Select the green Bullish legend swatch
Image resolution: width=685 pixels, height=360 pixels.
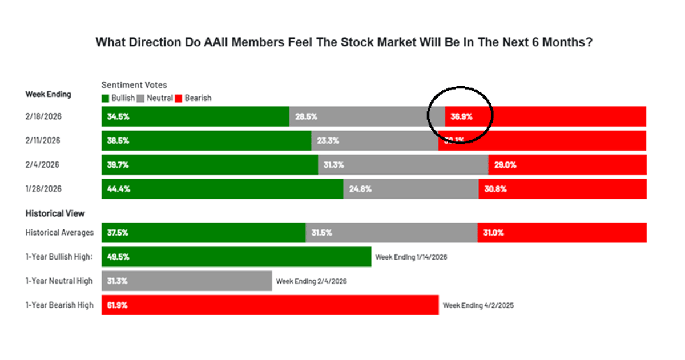pos(106,98)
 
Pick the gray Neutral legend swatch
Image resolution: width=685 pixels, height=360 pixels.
pos(140,98)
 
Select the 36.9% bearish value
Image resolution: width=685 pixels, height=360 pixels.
pos(461,116)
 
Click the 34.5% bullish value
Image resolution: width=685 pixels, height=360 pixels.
pos(118,116)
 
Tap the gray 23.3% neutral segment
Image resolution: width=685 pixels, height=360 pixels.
pos(374,140)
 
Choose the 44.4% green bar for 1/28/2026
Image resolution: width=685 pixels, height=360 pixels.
pos(222,189)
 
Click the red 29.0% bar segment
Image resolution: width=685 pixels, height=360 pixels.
pos(567,164)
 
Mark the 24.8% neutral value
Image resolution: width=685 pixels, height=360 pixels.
pos(360,189)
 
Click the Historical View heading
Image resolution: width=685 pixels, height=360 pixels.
pos(55,213)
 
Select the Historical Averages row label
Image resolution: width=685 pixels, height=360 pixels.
pos(59,233)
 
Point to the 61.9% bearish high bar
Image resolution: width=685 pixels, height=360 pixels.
pos(269,305)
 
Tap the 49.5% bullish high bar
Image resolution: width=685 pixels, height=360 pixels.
pos(236,257)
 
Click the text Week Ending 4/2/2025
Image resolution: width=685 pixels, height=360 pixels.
pos(478,305)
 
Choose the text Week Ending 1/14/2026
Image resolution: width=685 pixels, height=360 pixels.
pos(411,257)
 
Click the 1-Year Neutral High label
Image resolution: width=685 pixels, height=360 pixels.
pos(59,281)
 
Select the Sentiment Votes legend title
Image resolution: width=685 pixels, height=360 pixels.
pos(134,85)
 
